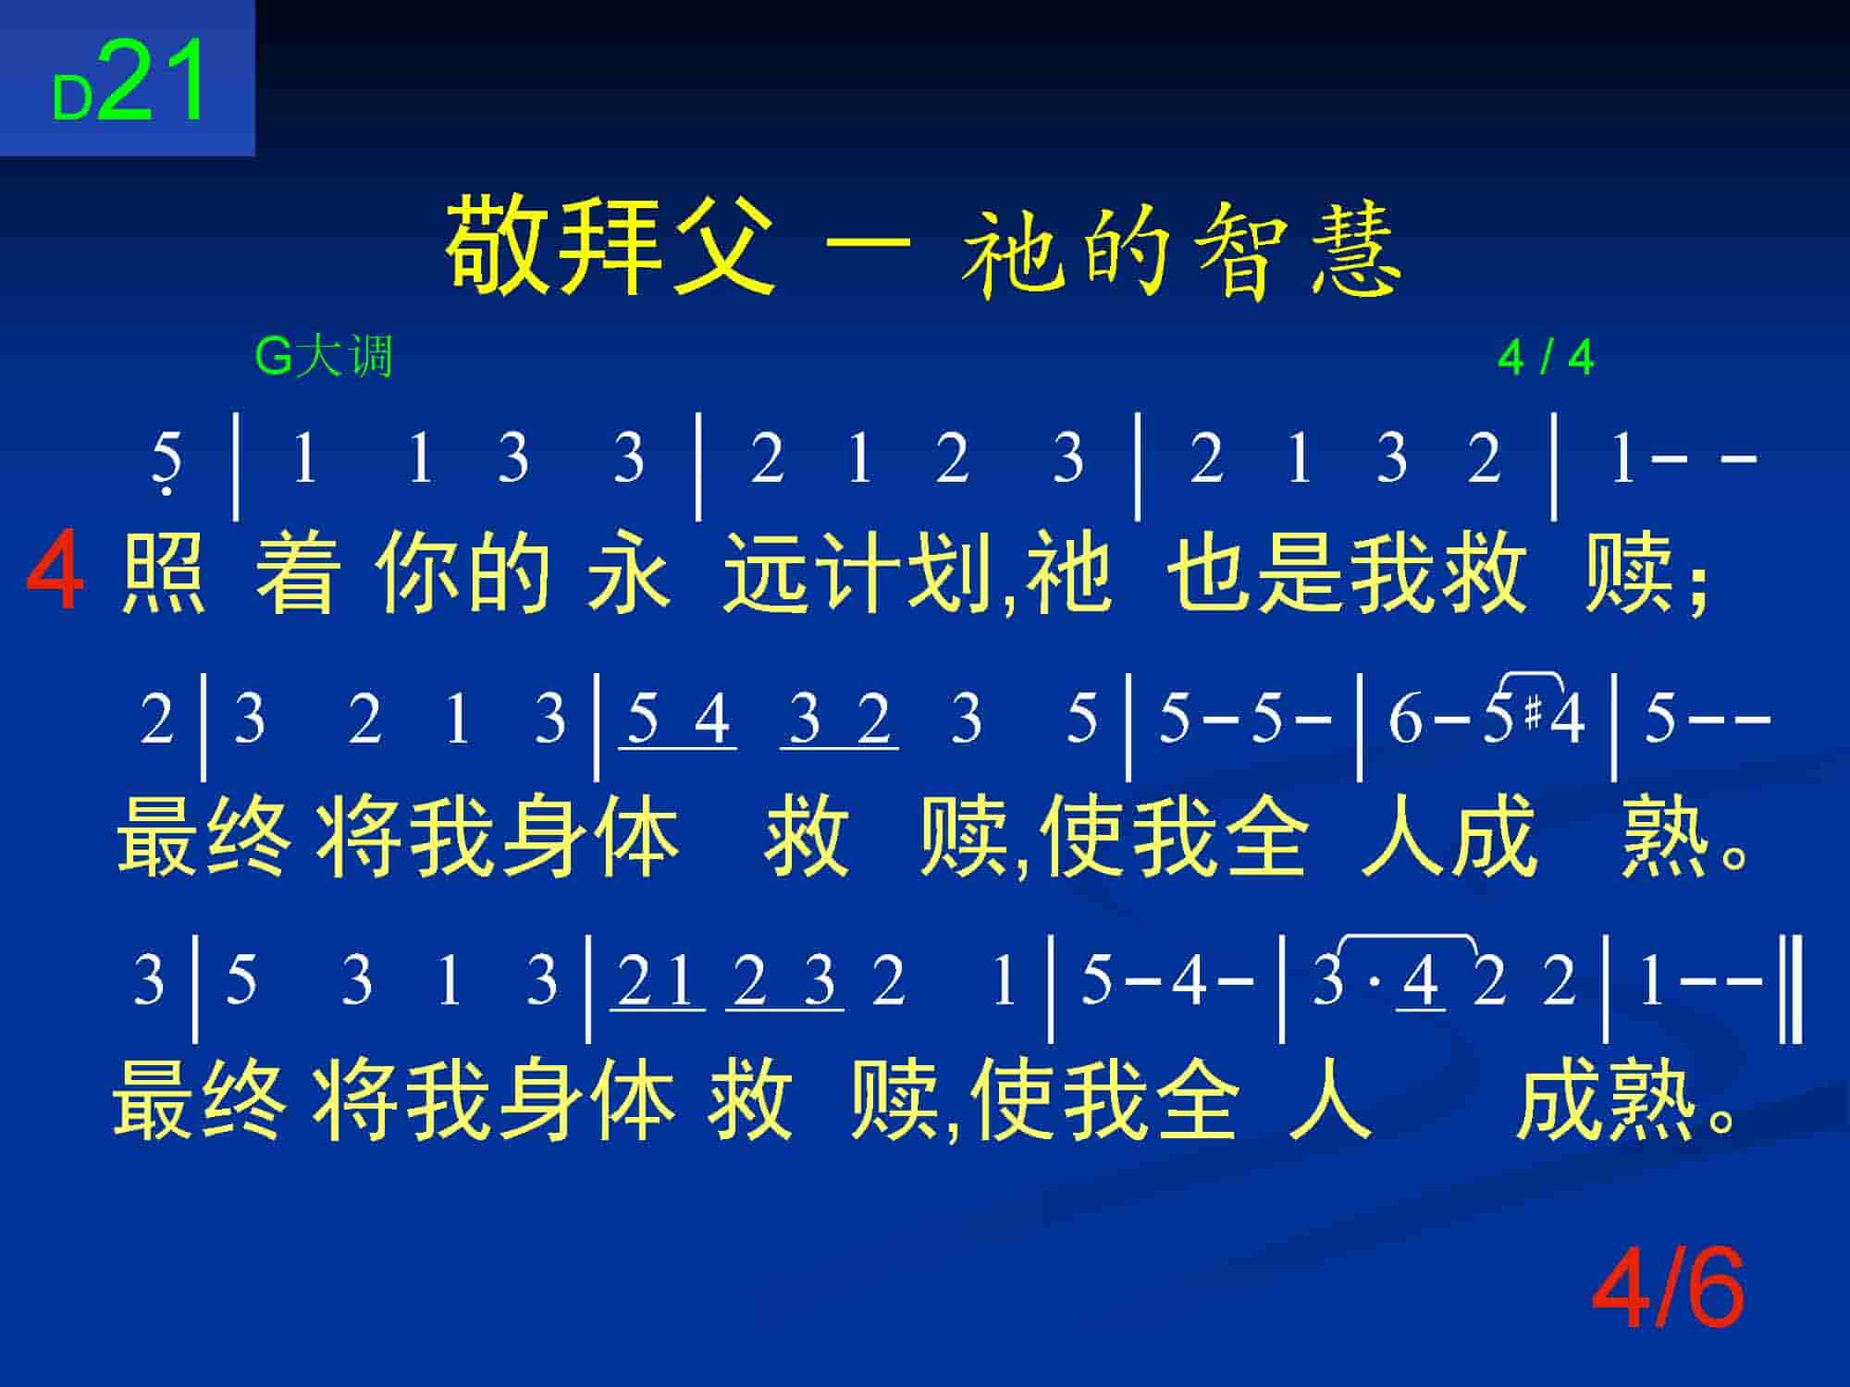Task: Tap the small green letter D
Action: pyautogui.click(x=72, y=98)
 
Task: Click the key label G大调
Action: pyautogui.click(x=324, y=357)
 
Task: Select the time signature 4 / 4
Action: pyautogui.click(x=1546, y=358)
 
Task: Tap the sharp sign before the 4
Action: pyautogui.click(x=1534, y=713)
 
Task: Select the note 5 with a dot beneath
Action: pyautogui.click(x=166, y=462)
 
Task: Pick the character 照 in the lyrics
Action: pyautogui.click(x=164, y=573)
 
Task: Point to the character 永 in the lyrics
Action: pyautogui.click(x=628, y=573)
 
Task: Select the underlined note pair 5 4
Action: pyautogui.click(x=678, y=721)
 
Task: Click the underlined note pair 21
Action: pyautogui.click(x=657, y=983)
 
